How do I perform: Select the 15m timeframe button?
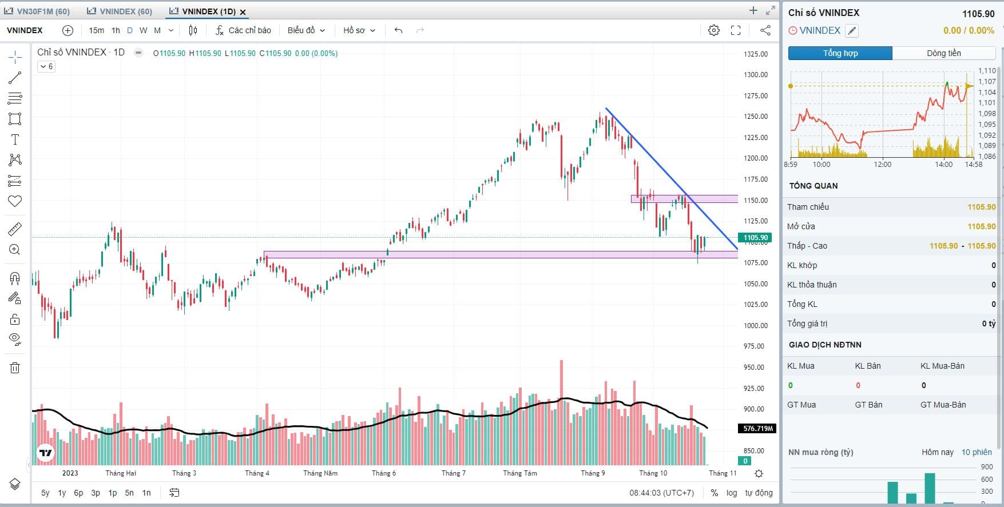coord(96,30)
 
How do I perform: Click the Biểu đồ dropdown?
coord(306,30)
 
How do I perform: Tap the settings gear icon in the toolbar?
coord(713,30)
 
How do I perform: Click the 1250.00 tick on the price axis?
coord(755,117)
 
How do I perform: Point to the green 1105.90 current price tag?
coord(755,238)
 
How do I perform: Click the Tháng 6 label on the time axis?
coord(383,473)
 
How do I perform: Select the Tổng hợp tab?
coord(840,53)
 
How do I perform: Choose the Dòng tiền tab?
coord(943,53)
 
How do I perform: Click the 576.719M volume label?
coord(757,429)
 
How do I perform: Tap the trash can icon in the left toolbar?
coord(15,368)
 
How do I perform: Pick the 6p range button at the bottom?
coord(78,493)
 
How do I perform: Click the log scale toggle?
coord(732,493)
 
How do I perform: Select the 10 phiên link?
coord(977,452)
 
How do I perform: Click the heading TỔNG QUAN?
coord(813,186)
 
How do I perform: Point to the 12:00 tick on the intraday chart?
coord(882,165)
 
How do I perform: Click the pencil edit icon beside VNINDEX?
coord(852,31)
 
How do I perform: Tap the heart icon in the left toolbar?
coord(15,201)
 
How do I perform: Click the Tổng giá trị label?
coord(807,324)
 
